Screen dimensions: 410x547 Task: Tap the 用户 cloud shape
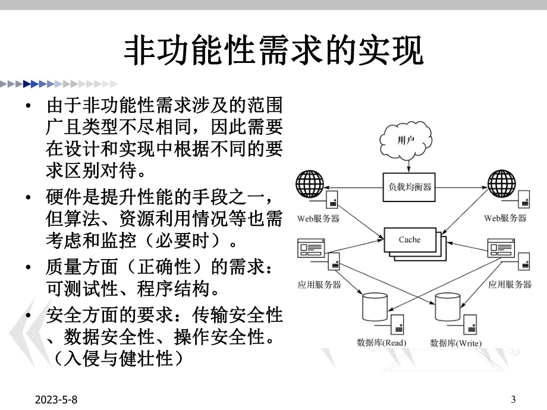pyautogui.click(x=404, y=141)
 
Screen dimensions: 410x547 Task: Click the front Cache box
pyautogui.click(x=408, y=239)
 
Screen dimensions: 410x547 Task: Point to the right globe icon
pyautogui.click(x=502, y=184)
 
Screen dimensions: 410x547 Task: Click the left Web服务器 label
pyautogui.click(x=318, y=219)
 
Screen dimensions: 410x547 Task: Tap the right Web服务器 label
pyautogui.click(x=505, y=219)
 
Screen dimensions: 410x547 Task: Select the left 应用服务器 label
pyautogui.click(x=319, y=285)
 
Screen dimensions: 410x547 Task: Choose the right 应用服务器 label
pyautogui.click(x=510, y=285)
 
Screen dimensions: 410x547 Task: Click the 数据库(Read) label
pyautogui.click(x=381, y=343)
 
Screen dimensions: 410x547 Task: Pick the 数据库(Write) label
pyautogui.click(x=455, y=343)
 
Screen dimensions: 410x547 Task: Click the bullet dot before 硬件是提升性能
pyautogui.click(x=28, y=196)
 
